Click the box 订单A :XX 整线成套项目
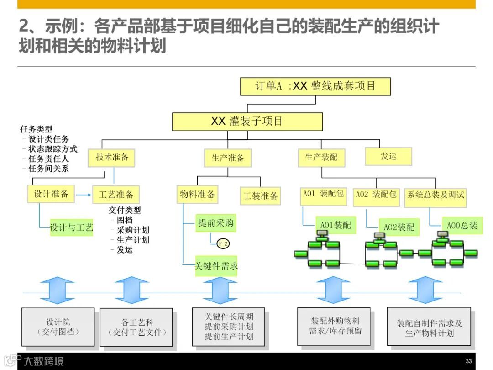click(x=315, y=86)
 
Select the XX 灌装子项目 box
click(x=247, y=122)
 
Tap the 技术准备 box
click(x=112, y=158)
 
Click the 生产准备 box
click(x=228, y=158)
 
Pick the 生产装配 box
click(x=321, y=158)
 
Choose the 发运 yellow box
click(x=388, y=156)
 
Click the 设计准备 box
click(x=51, y=194)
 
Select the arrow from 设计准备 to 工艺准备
click(x=84, y=195)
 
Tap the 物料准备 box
click(x=198, y=195)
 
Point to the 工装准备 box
click(x=260, y=196)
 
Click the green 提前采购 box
click(x=215, y=223)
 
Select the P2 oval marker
click(x=223, y=243)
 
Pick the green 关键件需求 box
click(x=216, y=266)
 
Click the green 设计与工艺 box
click(x=72, y=227)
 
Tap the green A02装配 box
click(x=399, y=227)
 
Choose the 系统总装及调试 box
click(x=436, y=195)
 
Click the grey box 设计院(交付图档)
click(x=58, y=327)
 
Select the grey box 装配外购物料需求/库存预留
click(x=335, y=325)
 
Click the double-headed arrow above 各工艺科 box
click(x=132, y=290)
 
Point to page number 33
click(x=468, y=361)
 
